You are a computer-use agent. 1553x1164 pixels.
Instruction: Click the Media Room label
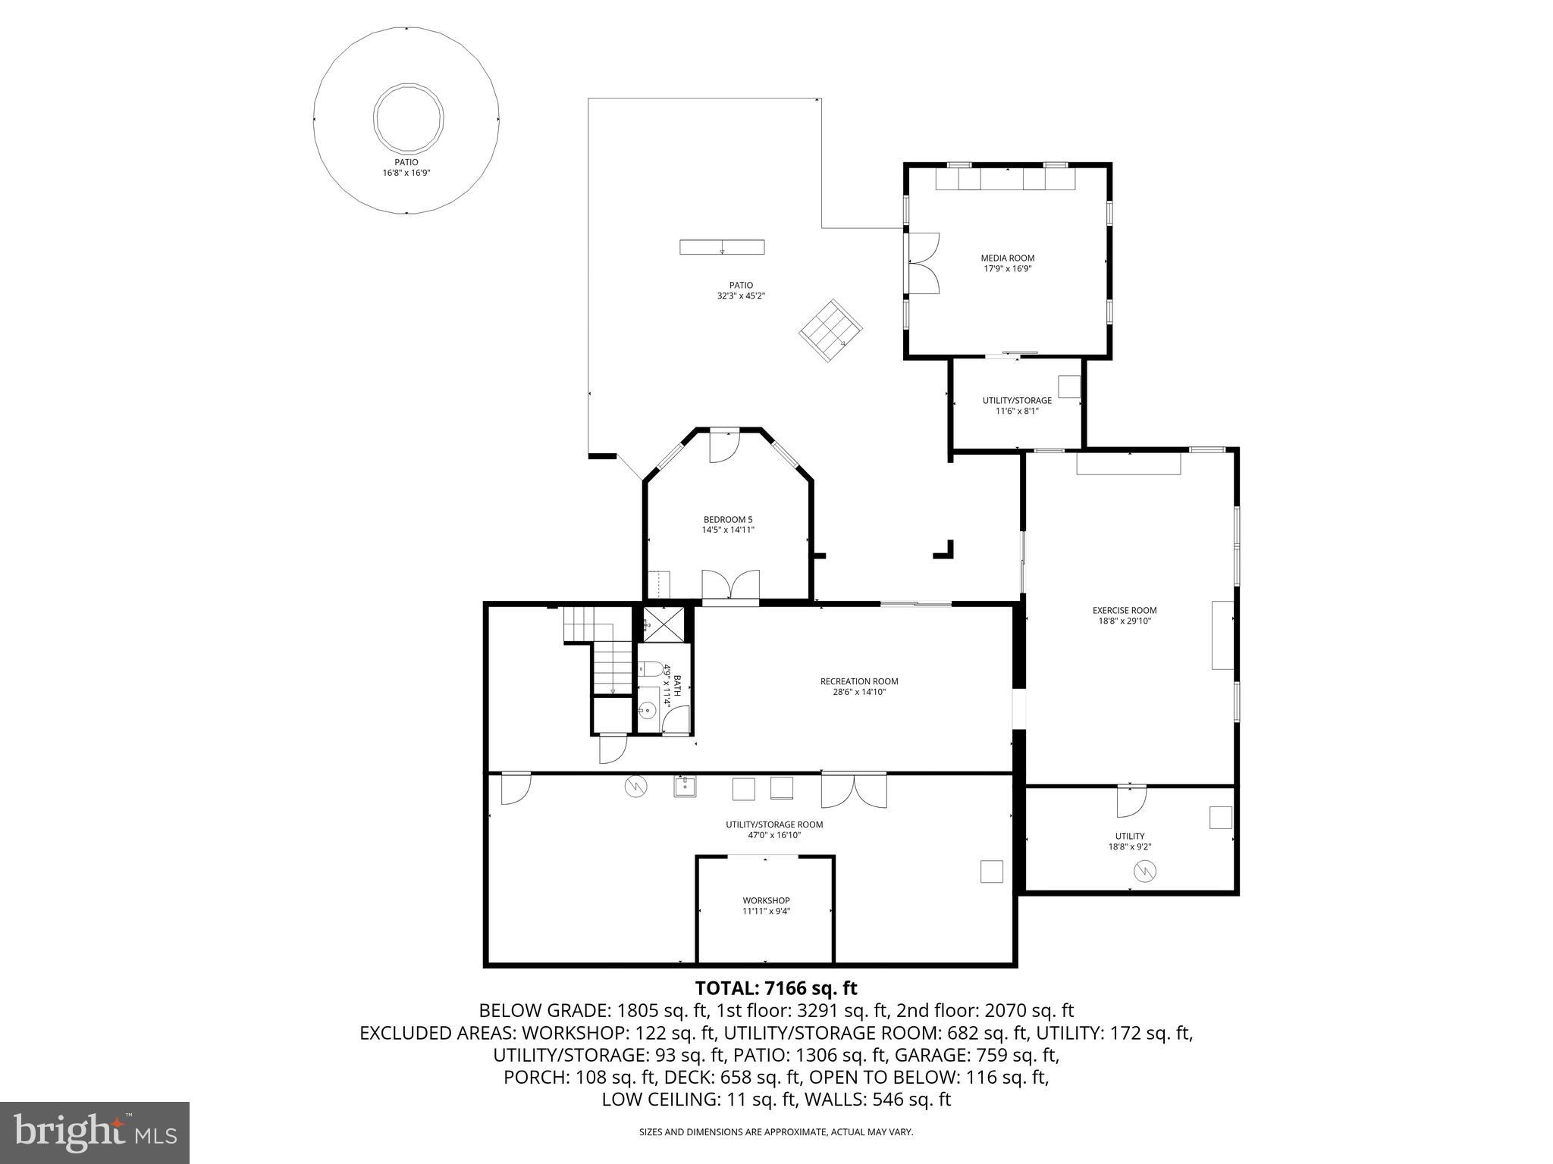[x=1007, y=258]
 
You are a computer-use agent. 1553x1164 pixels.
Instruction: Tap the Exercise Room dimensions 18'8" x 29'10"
[x=1125, y=621]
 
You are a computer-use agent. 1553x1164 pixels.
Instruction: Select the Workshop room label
[x=766, y=900]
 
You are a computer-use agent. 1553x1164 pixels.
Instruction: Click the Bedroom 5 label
[x=728, y=519]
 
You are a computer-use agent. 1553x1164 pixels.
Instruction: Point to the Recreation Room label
[x=859, y=681]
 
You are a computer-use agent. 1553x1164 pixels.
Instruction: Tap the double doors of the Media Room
[x=924, y=262]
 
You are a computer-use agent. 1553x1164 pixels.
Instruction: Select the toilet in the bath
[x=649, y=668]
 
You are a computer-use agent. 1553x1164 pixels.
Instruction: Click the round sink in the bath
[x=647, y=711]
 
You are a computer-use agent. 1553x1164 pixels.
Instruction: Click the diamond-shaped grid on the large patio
[x=830, y=330]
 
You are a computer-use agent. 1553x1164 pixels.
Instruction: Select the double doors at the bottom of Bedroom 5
[x=730, y=586]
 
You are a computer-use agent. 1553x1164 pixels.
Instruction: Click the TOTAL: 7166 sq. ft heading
[x=776, y=988]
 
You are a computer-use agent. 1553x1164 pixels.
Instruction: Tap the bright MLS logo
[x=95, y=1132]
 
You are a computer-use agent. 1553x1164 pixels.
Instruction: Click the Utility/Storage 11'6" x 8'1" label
[x=1017, y=405]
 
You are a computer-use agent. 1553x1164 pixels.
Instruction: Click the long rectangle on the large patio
[x=721, y=247]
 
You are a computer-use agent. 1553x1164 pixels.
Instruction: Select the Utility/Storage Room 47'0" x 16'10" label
[x=773, y=829]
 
